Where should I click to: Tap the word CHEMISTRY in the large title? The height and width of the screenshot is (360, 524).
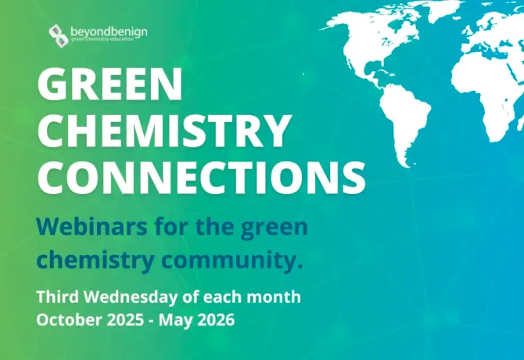pyautogui.click(x=163, y=131)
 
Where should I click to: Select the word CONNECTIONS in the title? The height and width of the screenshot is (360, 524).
pyautogui.click(x=201, y=177)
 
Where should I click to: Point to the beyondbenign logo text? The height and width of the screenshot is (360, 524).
pyautogui.click(x=109, y=32)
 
